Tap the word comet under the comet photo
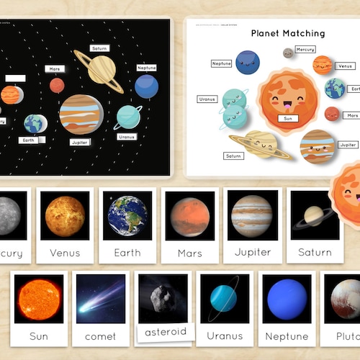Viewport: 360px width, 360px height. click(x=100, y=336)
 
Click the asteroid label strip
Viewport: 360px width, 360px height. click(x=166, y=332)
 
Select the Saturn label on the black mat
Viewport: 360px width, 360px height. click(x=100, y=48)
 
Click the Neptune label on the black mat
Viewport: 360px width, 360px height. click(x=146, y=68)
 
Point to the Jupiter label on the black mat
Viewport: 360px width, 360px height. click(x=80, y=143)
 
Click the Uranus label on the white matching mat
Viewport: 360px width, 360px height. click(x=207, y=99)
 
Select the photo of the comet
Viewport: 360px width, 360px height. click(x=100, y=297)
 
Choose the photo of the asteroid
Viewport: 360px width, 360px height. click(x=163, y=297)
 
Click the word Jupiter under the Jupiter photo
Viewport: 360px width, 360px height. click(x=253, y=253)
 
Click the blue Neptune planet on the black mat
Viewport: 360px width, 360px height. click(x=146, y=86)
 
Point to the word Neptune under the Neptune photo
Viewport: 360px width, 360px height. click(x=287, y=336)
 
